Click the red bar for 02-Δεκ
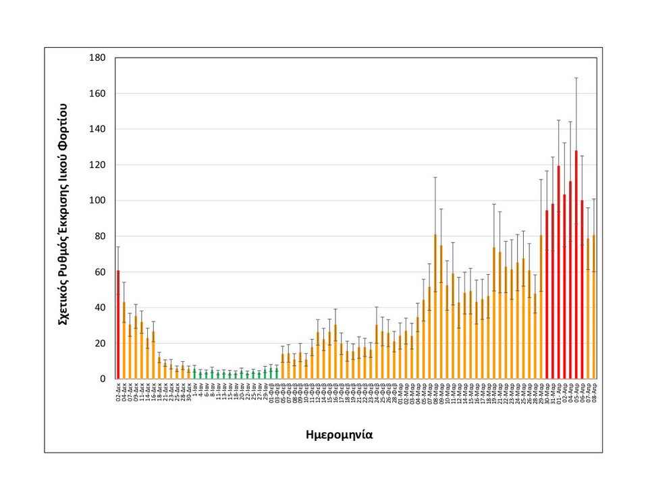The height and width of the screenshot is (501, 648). pyautogui.click(x=118, y=324)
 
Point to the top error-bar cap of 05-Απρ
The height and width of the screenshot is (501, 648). pyautogui.click(x=576, y=78)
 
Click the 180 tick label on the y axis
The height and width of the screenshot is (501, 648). pyautogui.click(x=97, y=58)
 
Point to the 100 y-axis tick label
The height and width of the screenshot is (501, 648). pyautogui.click(x=97, y=201)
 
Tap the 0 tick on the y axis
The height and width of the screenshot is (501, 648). pyautogui.click(x=103, y=379)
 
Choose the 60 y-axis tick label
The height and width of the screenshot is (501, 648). pyautogui.click(x=99, y=272)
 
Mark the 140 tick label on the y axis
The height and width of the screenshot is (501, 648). pyautogui.click(x=97, y=129)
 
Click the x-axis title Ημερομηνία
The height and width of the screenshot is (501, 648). pyautogui.click(x=339, y=435)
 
